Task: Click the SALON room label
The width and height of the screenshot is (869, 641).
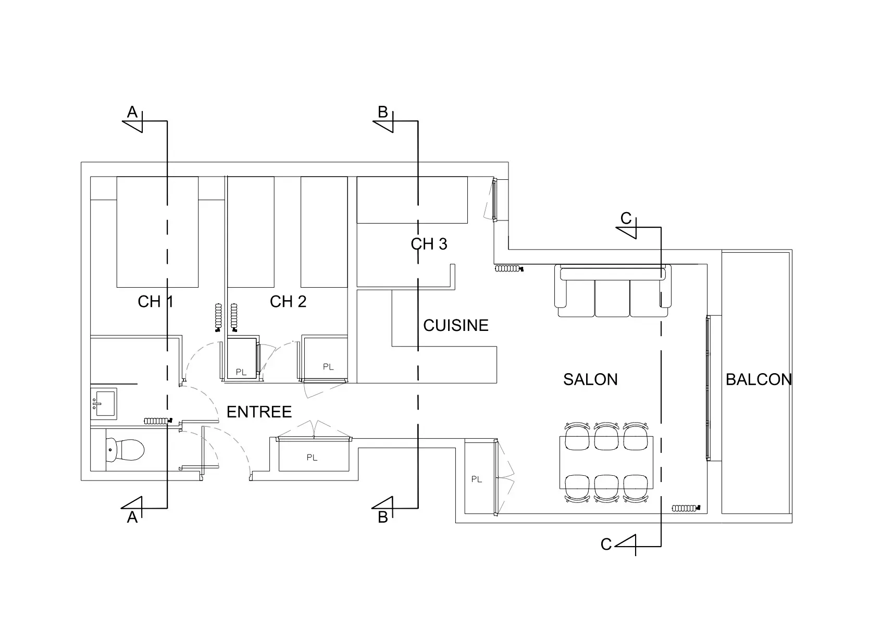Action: coord(590,379)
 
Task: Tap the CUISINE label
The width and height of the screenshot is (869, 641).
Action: coord(455,326)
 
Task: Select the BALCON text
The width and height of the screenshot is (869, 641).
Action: coord(759,379)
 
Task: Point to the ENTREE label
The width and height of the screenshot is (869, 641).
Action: coord(259,412)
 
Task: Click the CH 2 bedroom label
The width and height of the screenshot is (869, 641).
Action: coord(288,302)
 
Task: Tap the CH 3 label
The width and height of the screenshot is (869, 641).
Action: coord(429,244)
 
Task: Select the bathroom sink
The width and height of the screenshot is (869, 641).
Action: coord(104,403)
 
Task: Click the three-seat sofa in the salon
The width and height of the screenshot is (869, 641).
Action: coord(613,291)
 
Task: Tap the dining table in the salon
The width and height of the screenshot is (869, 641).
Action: coord(606,462)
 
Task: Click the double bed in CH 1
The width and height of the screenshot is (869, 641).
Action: coord(157,232)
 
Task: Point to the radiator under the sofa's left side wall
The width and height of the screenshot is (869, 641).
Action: coord(509,268)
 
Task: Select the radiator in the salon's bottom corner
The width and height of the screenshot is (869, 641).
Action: coord(686,508)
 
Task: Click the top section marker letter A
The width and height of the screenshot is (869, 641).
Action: coord(132,112)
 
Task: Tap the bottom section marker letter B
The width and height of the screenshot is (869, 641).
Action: coord(383,517)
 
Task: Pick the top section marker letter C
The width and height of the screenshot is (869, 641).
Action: coord(626,218)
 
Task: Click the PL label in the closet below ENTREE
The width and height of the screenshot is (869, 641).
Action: coord(312,458)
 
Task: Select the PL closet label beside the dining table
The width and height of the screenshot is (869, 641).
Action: coord(476,479)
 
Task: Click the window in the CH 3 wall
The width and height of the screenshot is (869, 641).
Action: coord(494,200)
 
